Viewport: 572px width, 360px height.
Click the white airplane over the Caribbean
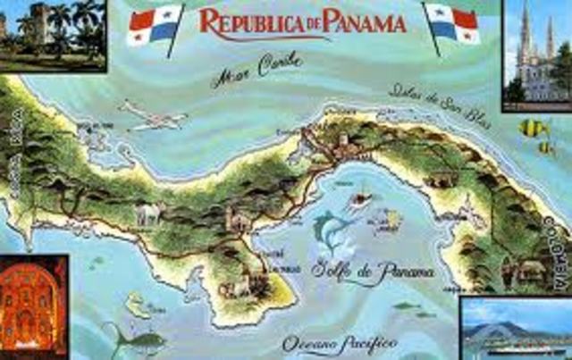click(x=152, y=114)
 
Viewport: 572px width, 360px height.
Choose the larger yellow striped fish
click(x=533, y=127)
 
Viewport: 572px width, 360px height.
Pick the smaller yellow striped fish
click(x=546, y=147)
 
